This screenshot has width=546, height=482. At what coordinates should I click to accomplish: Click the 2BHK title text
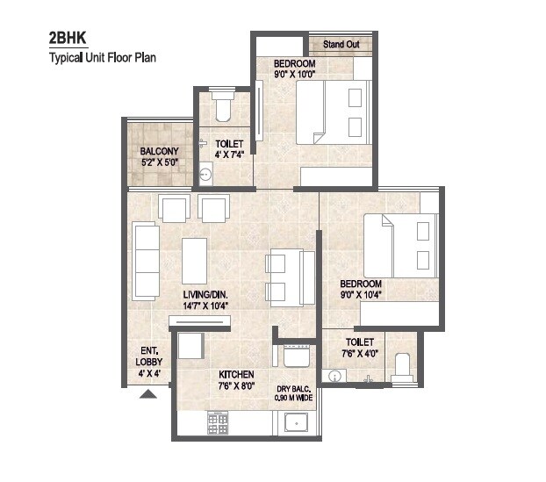(x=69, y=40)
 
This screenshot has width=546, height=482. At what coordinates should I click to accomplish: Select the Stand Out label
(x=340, y=44)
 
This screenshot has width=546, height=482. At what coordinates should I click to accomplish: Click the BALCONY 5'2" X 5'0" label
(x=160, y=156)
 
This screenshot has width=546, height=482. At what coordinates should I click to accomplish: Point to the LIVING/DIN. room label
(x=206, y=299)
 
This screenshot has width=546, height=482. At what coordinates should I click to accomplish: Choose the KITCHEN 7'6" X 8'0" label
(x=236, y=379)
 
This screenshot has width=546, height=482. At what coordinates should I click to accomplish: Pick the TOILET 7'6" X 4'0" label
(x=359, y=347)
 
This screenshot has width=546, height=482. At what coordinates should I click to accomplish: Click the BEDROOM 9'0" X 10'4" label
(x=361, y=290)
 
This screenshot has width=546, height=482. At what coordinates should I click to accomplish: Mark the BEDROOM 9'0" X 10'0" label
(x=294, y=69)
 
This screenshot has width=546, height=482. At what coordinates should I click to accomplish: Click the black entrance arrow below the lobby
(x=148, y=394)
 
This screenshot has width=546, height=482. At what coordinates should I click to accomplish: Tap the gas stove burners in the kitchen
(x=217, y=423)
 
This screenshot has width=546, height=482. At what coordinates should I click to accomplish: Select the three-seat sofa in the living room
(x=145, y=260)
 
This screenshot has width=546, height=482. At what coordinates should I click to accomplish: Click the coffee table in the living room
(x=194, y=261)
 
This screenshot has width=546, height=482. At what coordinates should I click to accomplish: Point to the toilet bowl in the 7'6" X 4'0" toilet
(x=403, y=367)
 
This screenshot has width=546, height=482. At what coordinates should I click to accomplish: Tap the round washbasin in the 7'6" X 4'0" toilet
(x=333, y=377)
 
